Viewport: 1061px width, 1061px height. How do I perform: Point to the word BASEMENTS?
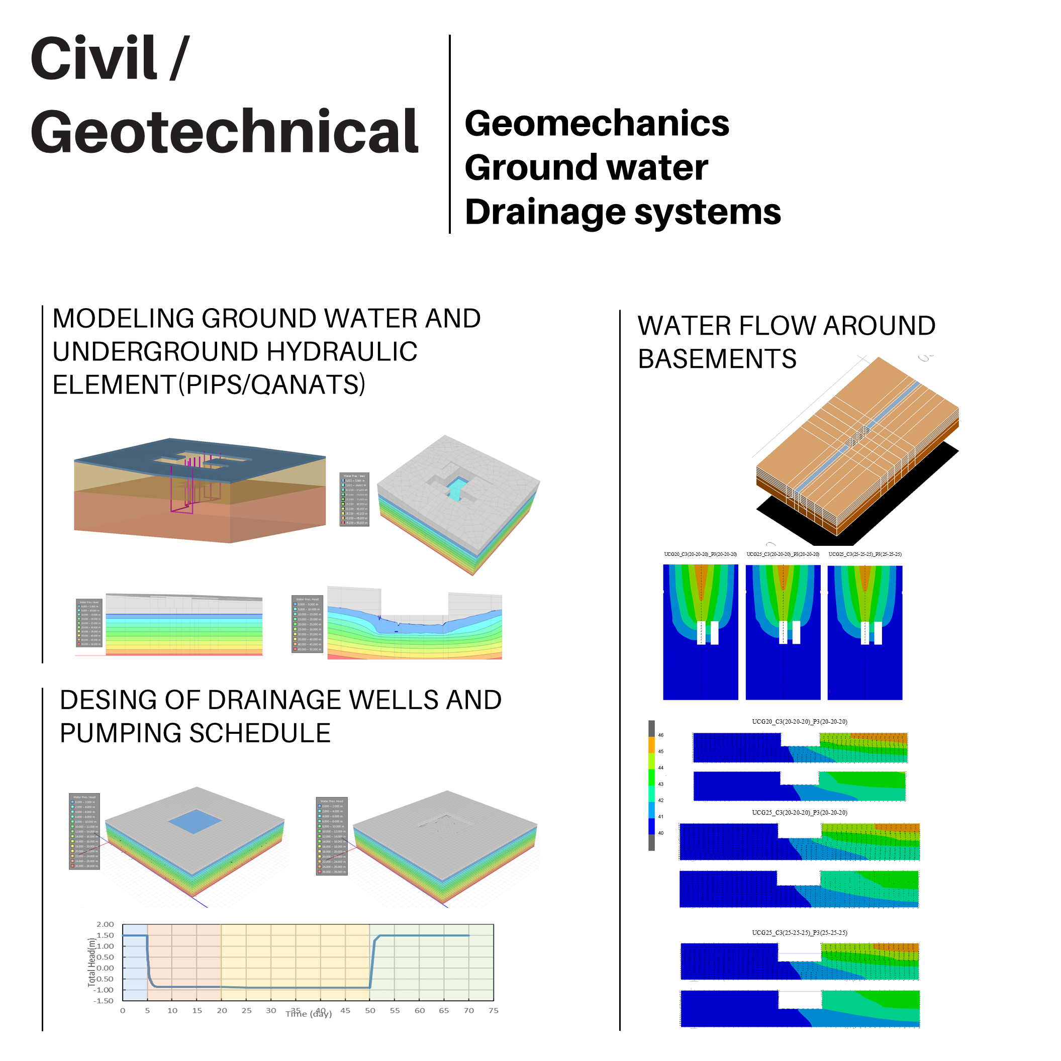pyautogui.click(x=717, y=359)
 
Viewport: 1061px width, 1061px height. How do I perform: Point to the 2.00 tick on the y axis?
pyautogui.click(x=105, y=925)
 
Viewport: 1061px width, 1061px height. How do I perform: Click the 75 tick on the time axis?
pyautogui.click(x=493, y=1010)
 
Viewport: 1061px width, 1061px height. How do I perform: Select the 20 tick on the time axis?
pyautogui.click(x=222, y=1010)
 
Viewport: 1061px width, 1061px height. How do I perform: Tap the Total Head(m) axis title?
pyautogui.click(x=91, y=962)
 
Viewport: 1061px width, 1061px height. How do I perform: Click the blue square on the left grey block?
pyautogui.click(x=195, y=822)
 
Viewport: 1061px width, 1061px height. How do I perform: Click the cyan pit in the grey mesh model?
pyautogui.click(x=456, y=488)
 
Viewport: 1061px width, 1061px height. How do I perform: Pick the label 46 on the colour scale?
pyautogui.click(x=660, y=735)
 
